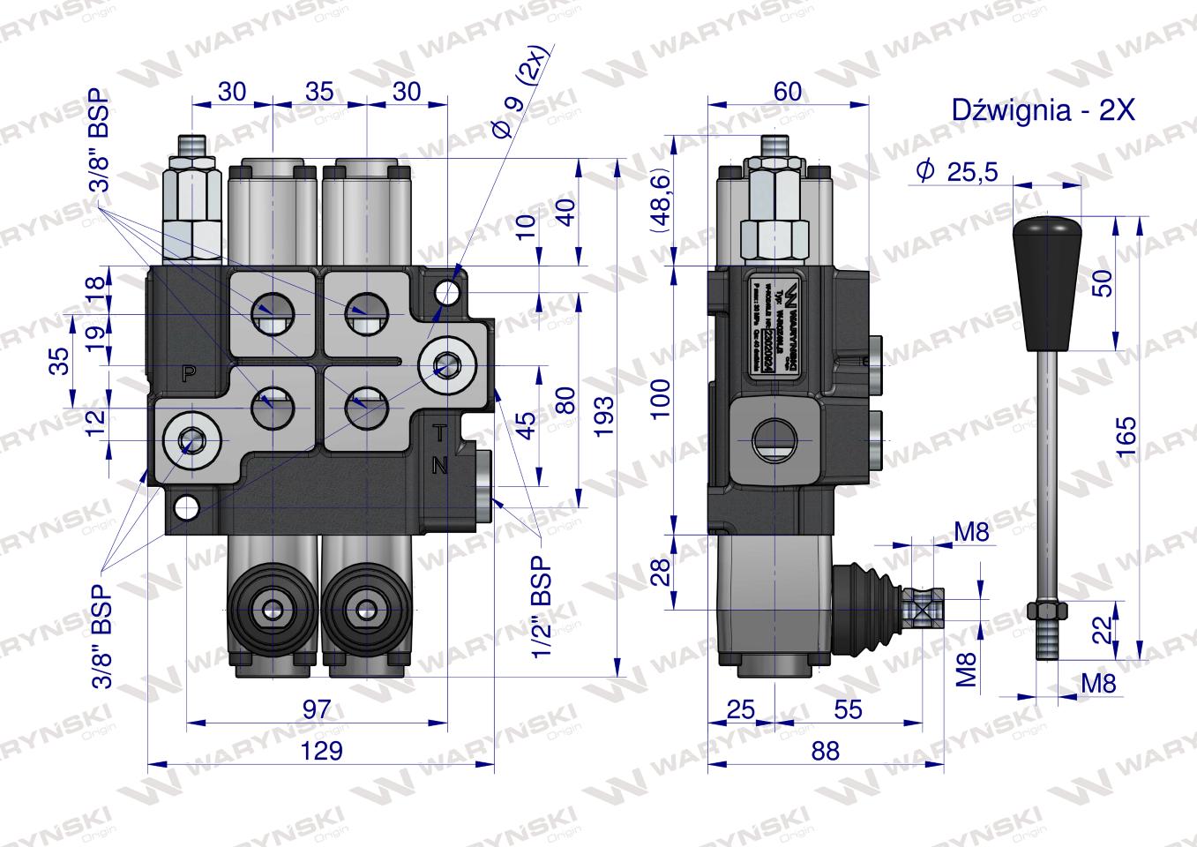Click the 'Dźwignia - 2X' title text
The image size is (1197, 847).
click(1042, 110)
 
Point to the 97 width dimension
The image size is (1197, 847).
click(316, 708)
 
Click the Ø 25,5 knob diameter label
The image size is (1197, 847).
click(956, 171)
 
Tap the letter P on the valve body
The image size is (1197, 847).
click(188, 372)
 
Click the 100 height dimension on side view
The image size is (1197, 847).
click(662, 398)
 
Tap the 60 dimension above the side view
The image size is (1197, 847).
click(788, 91)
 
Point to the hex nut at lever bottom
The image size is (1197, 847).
click(1047, 611)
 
